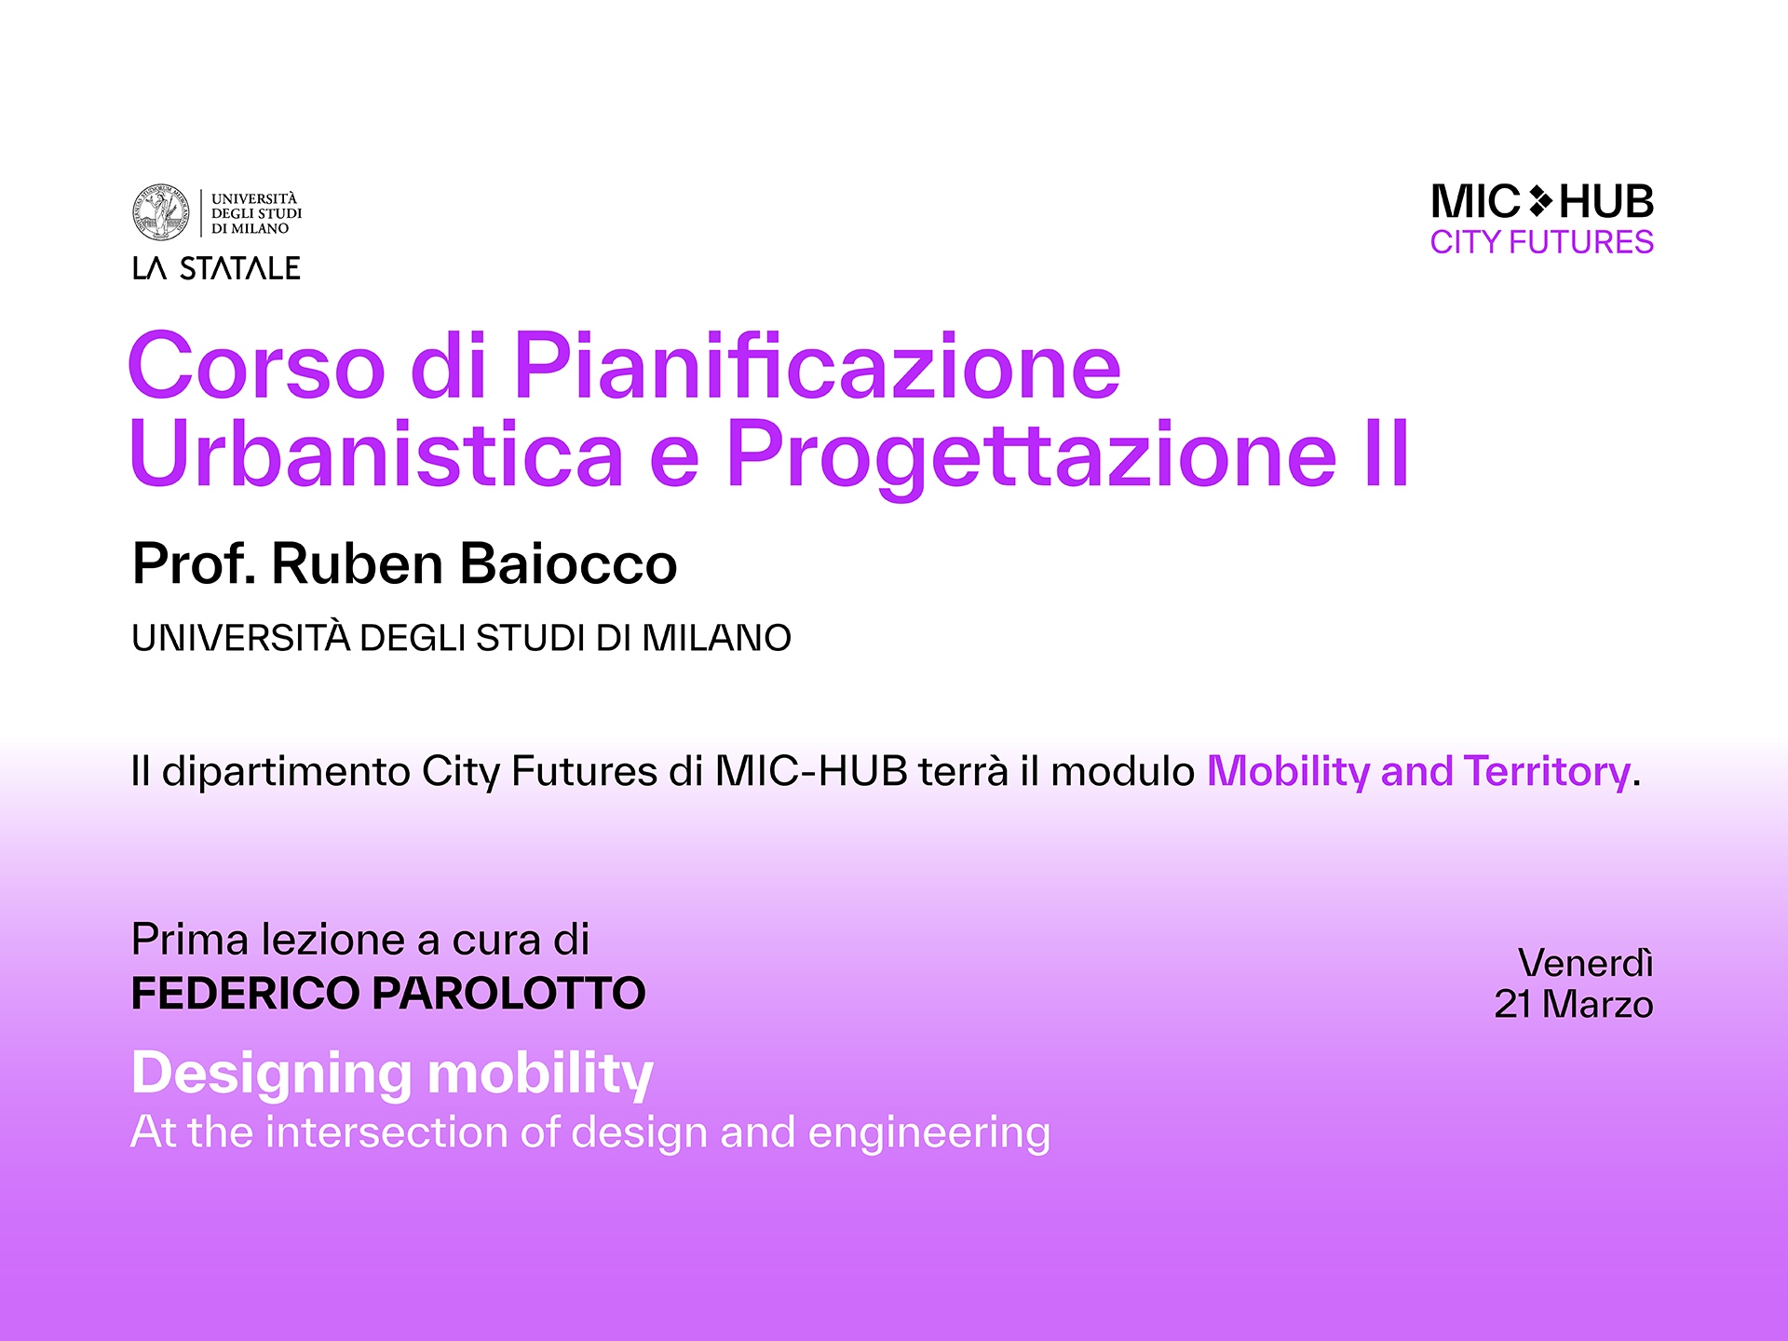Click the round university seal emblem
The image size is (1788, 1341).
[x=161, y=212]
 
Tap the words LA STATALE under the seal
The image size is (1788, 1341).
[x=216, y=268]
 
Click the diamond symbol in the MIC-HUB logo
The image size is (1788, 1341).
[x=1540, y=201]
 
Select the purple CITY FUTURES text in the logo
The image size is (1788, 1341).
[x=1542, y=242]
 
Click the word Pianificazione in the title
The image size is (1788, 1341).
[x=817, y=366]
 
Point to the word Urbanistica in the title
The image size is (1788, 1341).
[x=377, y=454]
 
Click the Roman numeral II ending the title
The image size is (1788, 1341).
[x=1387, y=454]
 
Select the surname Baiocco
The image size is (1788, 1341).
[x=569, y=563]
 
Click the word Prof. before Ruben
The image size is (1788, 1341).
[x=194, y=563]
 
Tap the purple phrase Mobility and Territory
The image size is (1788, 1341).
[x=1418, y=771]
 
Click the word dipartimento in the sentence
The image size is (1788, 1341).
[x=286, y=772]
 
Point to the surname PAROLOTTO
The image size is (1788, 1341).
[x=508, y=993]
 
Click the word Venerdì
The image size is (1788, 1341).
[x=1585, y=963]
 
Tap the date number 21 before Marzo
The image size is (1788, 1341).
[x=1512, y=1005]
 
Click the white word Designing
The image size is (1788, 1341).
[x=271, y=1075]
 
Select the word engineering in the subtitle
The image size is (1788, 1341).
[x=928, y=1134]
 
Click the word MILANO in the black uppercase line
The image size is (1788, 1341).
[x=716, y=638]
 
